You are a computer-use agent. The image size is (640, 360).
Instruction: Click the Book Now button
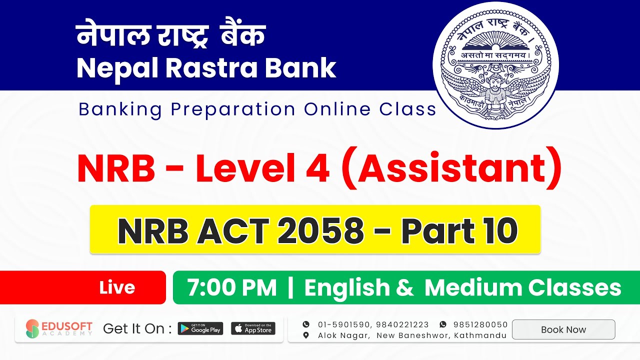tap(563, 329)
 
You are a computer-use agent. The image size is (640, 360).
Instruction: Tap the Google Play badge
tap(200, 328)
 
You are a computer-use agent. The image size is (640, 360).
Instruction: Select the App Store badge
tap(253, 328)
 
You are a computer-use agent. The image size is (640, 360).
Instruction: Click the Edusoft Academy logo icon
tap(32, 328)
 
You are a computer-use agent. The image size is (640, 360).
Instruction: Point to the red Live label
tap(117, 287)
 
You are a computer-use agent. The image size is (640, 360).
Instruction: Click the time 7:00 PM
tap(231, 288)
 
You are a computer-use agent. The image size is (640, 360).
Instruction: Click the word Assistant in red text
tap(452, 169)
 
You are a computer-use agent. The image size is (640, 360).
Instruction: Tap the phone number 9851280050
tap(480, 324)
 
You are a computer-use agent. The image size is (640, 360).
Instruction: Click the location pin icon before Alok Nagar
tap(306, 335)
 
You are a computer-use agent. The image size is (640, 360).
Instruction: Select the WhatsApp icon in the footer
tap(442, 324)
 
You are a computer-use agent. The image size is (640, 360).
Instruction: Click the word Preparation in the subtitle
tap(233, 109)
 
